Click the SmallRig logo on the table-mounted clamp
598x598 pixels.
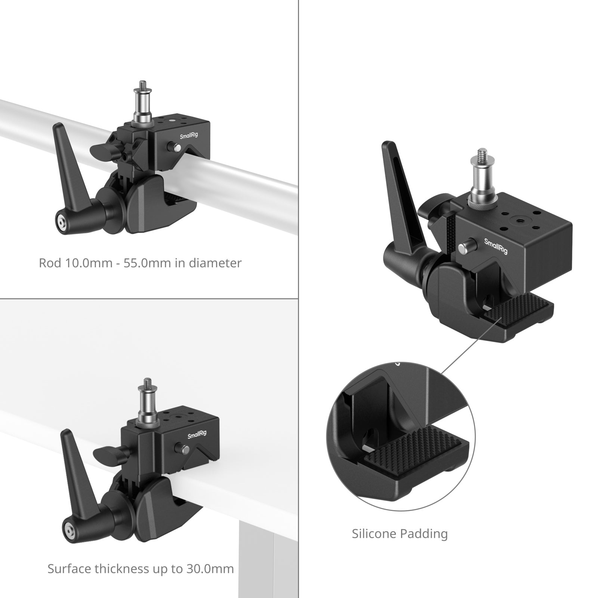(x=197, y=435)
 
